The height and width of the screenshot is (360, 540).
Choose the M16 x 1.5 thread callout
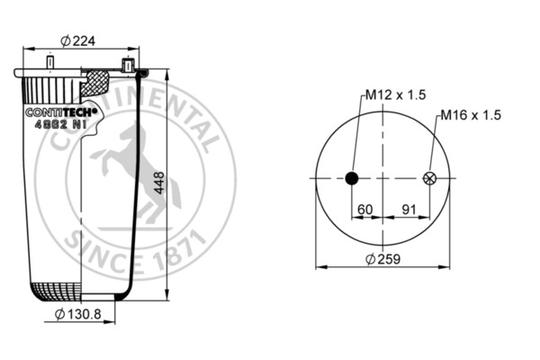[470, 116]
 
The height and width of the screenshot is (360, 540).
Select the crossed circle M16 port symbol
[429, 178]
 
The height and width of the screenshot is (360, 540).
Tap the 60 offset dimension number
[365, 210]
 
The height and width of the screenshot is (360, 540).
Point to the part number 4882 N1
[58, 126]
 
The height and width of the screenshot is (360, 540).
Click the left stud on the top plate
[51, 64]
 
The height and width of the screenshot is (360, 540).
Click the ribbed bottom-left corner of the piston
[54, 291]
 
